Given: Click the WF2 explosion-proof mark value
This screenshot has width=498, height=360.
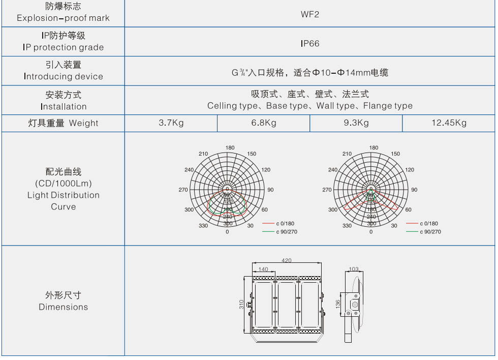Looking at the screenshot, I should [x=309, y=14].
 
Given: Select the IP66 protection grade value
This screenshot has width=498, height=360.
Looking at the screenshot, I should [x=309, y=44].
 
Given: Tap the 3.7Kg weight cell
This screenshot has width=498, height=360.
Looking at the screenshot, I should [x=171, y=123].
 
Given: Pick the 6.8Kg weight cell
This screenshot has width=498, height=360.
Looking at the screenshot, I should [x=264, y=123].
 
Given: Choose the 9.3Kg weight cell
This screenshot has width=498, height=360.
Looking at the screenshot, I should [x=356, y=123].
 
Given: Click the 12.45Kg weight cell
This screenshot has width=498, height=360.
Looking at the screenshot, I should [x=449, y=123].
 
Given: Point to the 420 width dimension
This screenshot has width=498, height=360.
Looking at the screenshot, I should [x=287, y=260].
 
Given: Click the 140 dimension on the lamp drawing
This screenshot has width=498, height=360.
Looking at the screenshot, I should [x=263, y=269].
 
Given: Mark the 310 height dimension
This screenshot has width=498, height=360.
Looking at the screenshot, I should [x=241, y=304].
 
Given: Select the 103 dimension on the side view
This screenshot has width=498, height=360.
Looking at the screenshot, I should [x=354, y=269].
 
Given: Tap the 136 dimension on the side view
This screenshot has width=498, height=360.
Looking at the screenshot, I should [x=338, y=304].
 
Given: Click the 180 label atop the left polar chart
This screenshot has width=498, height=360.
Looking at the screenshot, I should [x=230, y=148].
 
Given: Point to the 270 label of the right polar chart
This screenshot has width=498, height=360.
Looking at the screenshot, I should [x=327, y=190].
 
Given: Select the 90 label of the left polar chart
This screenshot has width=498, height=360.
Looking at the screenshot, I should [x=270, y=190].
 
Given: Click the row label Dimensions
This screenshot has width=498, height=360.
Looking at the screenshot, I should [x=63, y=307].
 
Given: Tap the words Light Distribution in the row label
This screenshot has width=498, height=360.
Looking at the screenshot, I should [x=63, y=195].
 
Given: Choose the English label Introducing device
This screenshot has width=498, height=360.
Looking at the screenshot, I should [x=63, y=77].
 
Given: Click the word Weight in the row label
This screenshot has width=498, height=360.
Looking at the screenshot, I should [x=84, y=123].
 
